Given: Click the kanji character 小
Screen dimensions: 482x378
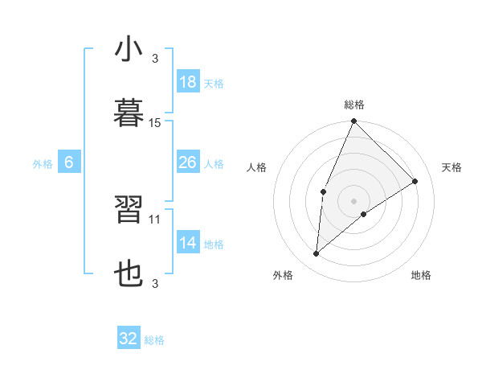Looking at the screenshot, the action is pos(129,51).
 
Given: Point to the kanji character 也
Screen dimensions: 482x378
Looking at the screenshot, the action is pos(129,274).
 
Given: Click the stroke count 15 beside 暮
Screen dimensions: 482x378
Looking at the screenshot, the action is pos(155,123).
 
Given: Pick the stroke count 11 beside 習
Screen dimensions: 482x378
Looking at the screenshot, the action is pos(155,218).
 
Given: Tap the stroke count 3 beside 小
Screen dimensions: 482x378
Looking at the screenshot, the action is pos(155,59).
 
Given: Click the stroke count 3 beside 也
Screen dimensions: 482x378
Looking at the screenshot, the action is pos(155,283).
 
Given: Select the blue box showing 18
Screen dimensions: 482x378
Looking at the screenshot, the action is pos(187,82).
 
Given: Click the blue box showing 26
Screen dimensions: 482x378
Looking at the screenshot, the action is pos(187,162).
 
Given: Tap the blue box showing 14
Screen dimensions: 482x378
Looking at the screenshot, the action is pos(187,243).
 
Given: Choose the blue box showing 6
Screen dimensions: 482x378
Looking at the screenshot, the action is pos(69,162).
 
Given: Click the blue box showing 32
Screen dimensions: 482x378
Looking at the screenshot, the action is pos(129,339).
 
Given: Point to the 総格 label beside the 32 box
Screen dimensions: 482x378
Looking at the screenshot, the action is pos(154,340).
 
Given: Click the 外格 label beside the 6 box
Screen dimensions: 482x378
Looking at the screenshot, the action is pos(43,164).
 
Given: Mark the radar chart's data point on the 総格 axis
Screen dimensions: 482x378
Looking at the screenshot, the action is pos(353,121).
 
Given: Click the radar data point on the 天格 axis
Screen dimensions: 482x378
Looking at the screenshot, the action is pos(415,182).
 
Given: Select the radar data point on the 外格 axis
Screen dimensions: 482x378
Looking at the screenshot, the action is pos(317,254).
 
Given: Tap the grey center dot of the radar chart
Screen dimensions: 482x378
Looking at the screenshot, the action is pos(353,200).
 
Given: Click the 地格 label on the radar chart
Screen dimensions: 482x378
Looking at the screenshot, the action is pos(421,275).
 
